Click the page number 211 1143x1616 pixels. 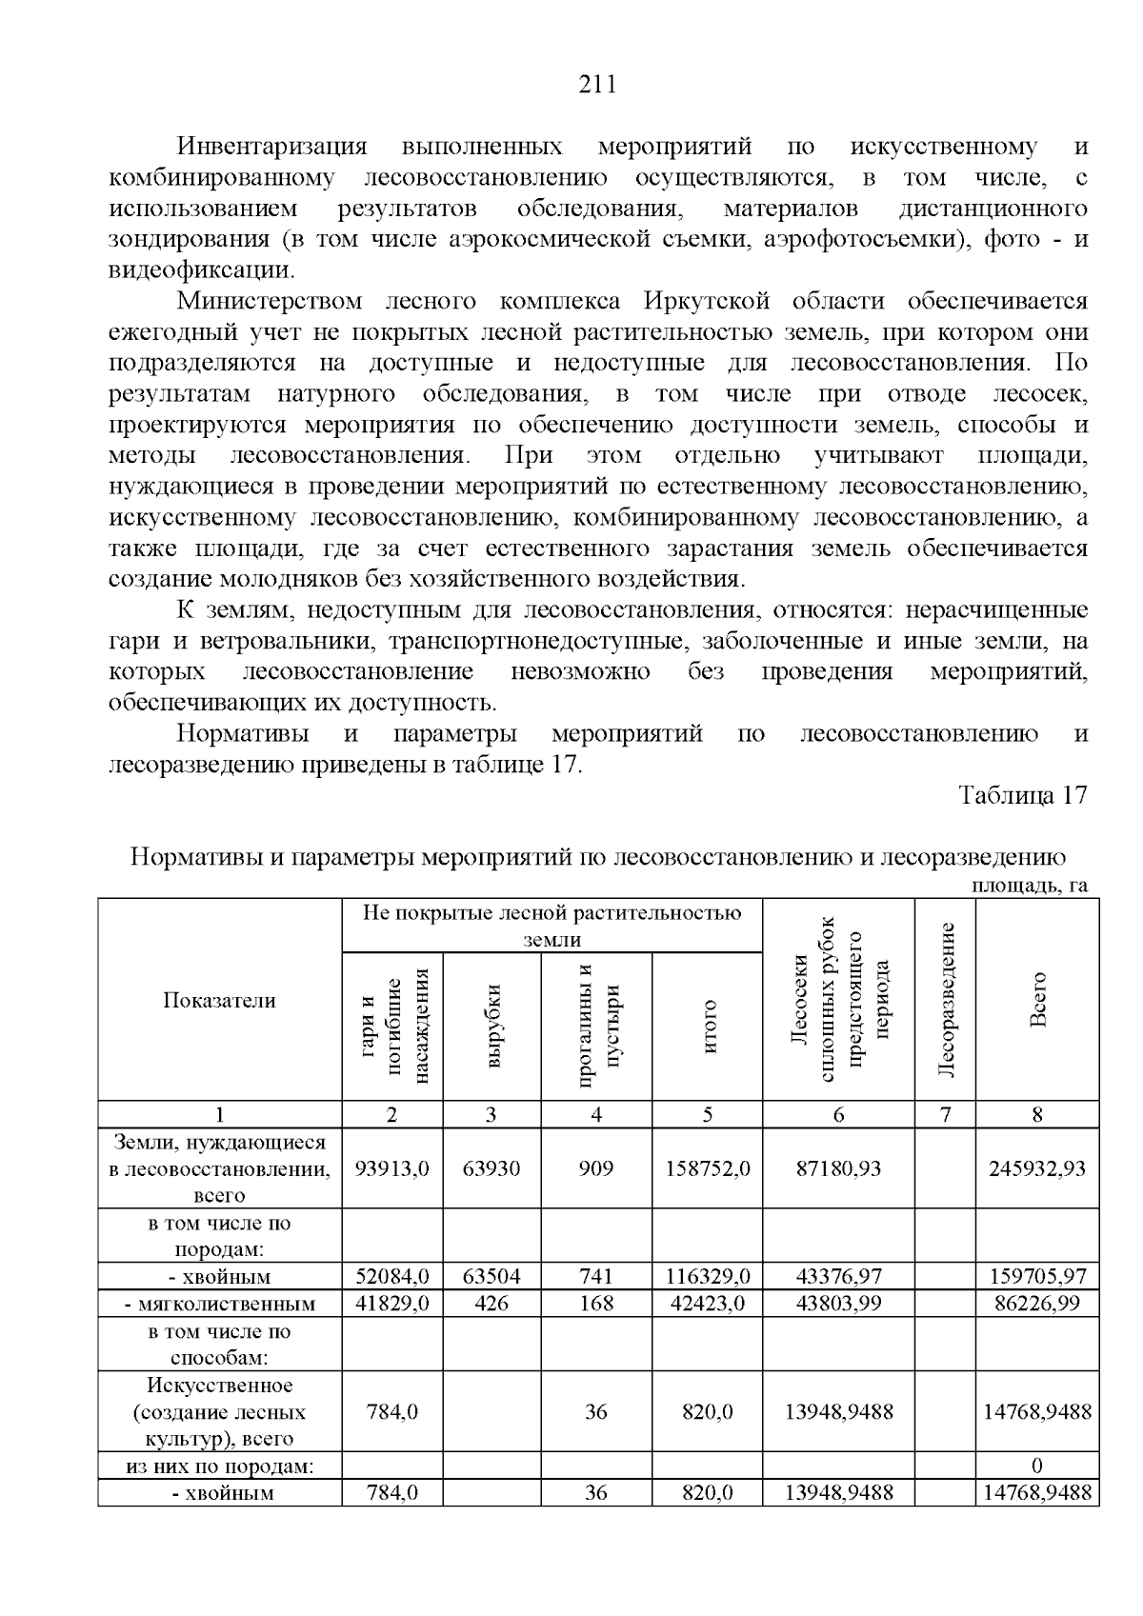coord(598,86)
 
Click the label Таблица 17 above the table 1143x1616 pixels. coord(1022,796)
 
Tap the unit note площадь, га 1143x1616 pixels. coord(1029,886)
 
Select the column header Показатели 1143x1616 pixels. coord(219,1000)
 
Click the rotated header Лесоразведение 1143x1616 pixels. coord(945,1000)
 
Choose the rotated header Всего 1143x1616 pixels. coord(1037,1000)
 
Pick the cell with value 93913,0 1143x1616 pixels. coord(391,1168)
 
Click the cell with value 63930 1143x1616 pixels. coord(491,1168)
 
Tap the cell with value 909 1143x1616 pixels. coord(596,1168)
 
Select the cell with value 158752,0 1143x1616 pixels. coord(707,1168)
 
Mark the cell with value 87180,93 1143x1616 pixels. coord(838,1168)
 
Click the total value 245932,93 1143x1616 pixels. coord(1037,1168)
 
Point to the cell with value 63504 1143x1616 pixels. coord(491,1276)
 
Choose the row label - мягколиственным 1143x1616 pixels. coord(220,1304)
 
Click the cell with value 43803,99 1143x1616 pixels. coord(838,1303)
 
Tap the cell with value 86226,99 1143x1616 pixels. coord(1037,1303)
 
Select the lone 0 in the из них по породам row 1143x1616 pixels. coord(1037,1465)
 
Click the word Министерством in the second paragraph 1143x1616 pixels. coord(270,302)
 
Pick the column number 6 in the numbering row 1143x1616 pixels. coord(838,1115)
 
